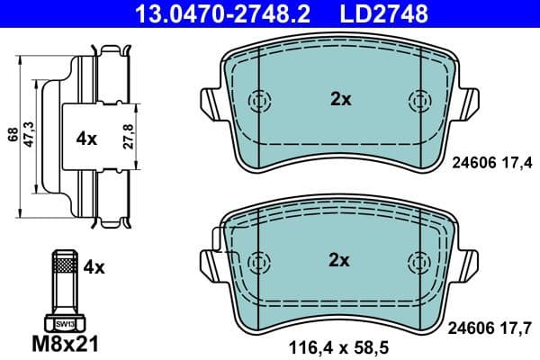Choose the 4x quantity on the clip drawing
point(86,139)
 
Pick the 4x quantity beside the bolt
point(94,266)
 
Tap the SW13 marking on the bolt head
point(64,321)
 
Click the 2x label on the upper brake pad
point(340,100)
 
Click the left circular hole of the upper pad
point(258,100)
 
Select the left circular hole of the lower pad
point(258,260)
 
